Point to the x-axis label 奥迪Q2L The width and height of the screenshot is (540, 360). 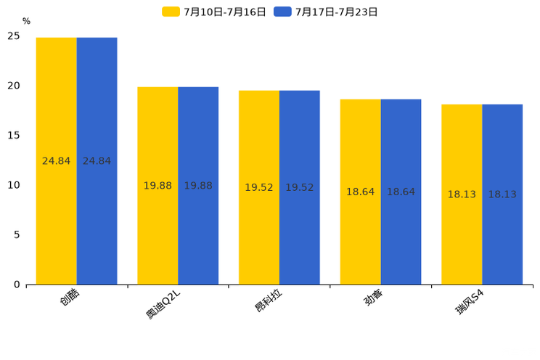(x=161, y=303)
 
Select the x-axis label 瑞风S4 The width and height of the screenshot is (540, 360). (x=468, y=302)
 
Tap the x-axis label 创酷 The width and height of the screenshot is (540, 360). (x=68, y=297)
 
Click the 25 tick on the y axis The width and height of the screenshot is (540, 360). (x=14, y=36)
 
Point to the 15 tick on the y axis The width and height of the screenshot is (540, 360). (x=14, y=135)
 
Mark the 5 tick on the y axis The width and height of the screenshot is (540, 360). (x=17, y=234)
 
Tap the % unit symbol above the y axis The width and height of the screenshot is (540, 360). (x=26, y=22)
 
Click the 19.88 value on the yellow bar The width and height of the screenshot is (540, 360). (x=157, y=186)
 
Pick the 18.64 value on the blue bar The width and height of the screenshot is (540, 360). (x=401, y=192)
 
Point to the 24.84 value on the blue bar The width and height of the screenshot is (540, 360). (x=97, y=161)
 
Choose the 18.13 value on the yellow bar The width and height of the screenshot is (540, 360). (x=462, y=195)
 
